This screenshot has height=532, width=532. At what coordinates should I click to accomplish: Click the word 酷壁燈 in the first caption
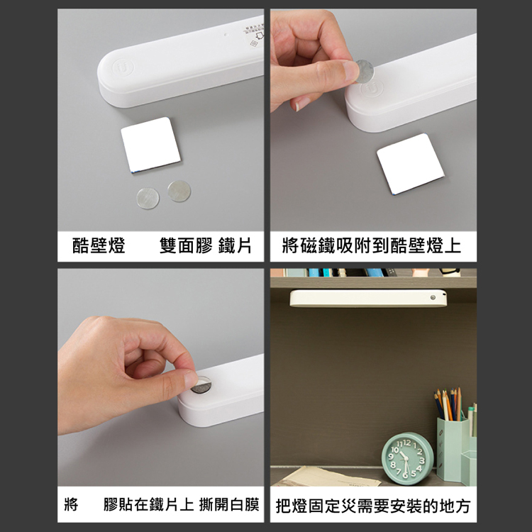pyautogui.click(x=99, y=245)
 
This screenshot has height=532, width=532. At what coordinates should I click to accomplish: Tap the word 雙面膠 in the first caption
pyautogui.click(x=186, y=245)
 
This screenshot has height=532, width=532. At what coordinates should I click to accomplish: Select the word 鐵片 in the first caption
pyautogui.click(x=235, y=245)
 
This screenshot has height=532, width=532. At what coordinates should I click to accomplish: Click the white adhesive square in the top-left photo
pyautogui.click(x=150, y=145)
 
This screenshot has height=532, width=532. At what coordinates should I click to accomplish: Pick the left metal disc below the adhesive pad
pyautogui.click(x=148, y=198)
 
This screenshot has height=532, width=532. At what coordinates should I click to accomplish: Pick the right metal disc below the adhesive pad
pyautogui.click(x=179, y=191)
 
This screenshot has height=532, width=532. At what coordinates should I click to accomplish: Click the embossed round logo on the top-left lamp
pyautogui.click(x=123, y=67)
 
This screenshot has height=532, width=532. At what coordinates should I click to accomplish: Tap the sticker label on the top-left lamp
pyautogui.click(x=254, y=35)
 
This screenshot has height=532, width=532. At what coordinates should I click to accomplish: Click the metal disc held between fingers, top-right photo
pyautogui.click(x=364, y=71)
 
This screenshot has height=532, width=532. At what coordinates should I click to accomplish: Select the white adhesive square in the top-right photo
pyautogui.click(x=411, y=165)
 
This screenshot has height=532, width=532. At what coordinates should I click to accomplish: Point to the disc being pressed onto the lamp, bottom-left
pyautogui.click(x=201, y=386)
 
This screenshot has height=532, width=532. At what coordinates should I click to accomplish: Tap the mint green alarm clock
pyautogui.click(x=407, y=458)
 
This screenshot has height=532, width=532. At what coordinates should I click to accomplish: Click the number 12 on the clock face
pyautogui.click(x=407, y=443)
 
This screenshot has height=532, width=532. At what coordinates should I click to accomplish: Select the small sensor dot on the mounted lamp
pyautogui.click(x=433, y=297)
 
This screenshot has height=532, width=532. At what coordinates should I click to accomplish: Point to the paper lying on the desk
pyautogui.click(x=328, y=477)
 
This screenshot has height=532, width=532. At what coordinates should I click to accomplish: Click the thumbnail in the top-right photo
pyautogui.click(x=351, y=70)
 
